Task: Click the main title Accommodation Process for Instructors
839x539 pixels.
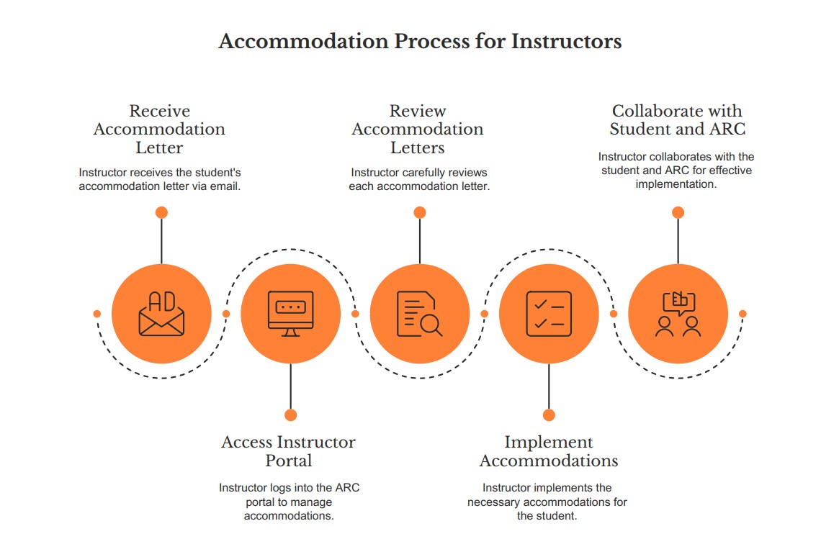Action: [x=419, y=41]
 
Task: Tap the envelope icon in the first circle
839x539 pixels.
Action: [x=161, y=314]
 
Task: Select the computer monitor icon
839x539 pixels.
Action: [x=290, y=314]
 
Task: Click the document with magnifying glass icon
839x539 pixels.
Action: [x=420, y=314]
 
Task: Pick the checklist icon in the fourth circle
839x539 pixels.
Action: [x=549, y=314]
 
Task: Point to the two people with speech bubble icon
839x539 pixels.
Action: [x=678, y=314]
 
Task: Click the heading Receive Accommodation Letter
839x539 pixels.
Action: [x=159, y=130]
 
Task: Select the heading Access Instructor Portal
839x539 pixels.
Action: [x=289, y=451]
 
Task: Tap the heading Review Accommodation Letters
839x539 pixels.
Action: [x=418, y=130]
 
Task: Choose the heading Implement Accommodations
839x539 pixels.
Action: [x=549, y=451]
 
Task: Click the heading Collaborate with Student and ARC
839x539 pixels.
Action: [x=677, y=120]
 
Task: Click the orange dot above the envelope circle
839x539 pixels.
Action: [x=161, y=212]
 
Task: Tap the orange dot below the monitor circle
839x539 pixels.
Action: [x=290, y=415]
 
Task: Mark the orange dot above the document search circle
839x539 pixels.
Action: [x=420, y=212]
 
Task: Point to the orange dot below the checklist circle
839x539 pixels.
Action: [x=549, y=415]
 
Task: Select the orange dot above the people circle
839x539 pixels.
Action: [x=678, y=212]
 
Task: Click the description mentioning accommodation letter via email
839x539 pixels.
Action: [x=159, y=179]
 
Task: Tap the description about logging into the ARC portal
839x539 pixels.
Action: [x=289, y=502]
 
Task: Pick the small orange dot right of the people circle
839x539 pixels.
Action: [x=742, y=314]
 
